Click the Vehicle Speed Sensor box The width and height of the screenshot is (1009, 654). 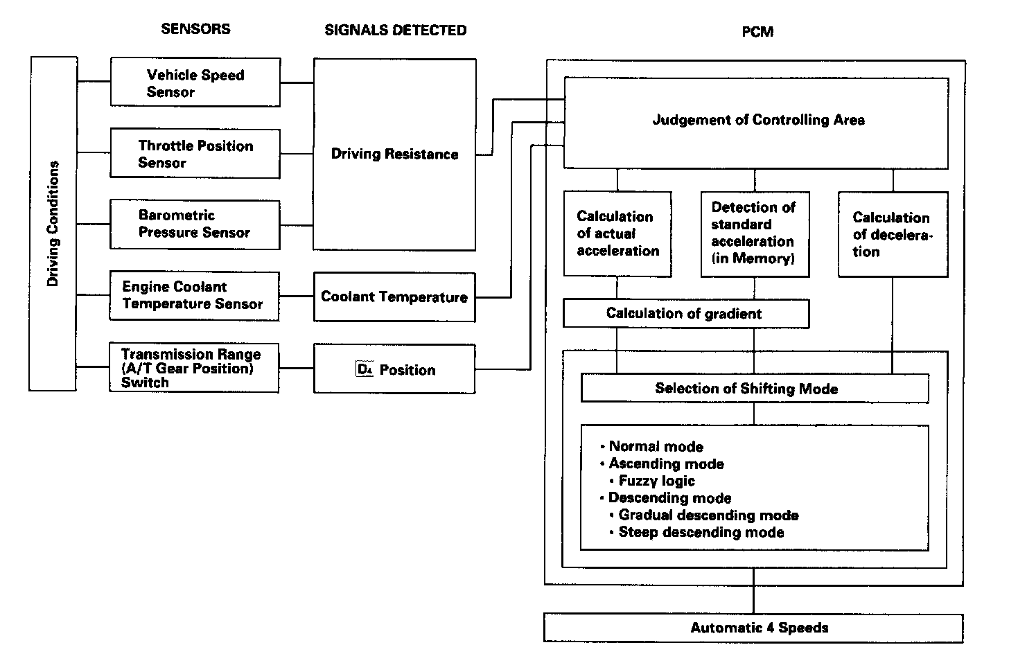click(x=195, y=82)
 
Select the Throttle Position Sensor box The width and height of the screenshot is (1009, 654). click(x=195, y=153)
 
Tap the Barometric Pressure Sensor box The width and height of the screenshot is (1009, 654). click(x=195, y=224)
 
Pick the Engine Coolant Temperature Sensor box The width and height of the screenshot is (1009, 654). click(x=194, y=296)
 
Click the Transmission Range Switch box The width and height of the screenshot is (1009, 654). click(x=194, y=368)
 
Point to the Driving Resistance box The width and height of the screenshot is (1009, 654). click(x=394, y=154)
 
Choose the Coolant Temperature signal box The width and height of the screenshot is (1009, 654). click(x=394, y=297)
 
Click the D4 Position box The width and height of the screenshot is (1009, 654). click(x=394, y=369)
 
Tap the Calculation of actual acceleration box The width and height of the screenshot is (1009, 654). click(x=617, y=233)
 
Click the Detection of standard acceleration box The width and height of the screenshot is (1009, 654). click(x=755, y=233)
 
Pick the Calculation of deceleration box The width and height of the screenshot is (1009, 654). click(x=893, y=234)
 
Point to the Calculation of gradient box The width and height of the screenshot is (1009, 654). click(x=685, y=313)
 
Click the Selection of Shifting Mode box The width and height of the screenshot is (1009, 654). click(x=754, y=388)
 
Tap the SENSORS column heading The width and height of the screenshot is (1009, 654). click(x=195, y=29)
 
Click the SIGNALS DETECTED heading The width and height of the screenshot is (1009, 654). click(x=395, y=30)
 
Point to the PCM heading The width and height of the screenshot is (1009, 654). click(x=757, y=32)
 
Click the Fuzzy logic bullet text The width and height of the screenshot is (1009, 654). click(x=656, y=481)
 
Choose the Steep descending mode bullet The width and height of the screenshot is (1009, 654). click(x=701, y=532)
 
